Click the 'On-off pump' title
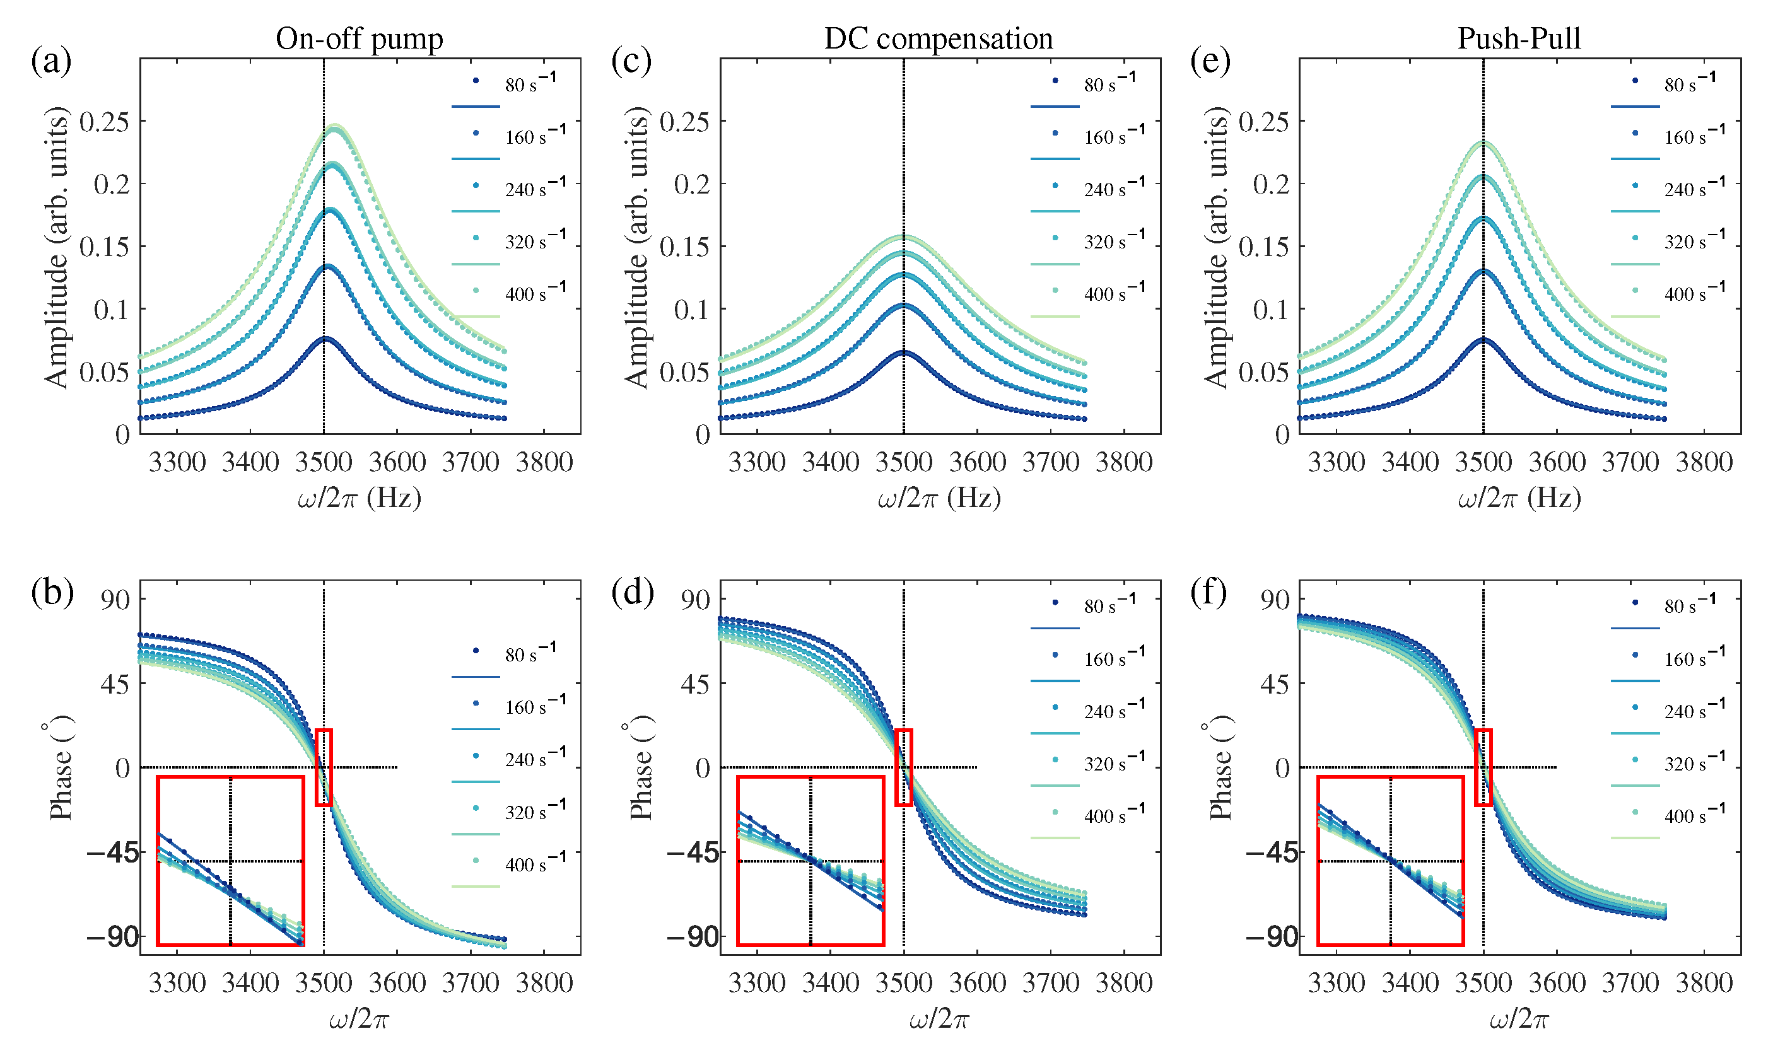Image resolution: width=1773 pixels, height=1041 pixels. coord(359,38)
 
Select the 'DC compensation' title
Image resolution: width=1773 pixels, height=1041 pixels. coord(939,38)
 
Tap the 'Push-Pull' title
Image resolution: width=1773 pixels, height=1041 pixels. coord(1519,38)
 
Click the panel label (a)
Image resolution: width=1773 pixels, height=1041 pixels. coord(50,62)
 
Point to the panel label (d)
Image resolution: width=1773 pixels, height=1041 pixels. coord(632,592)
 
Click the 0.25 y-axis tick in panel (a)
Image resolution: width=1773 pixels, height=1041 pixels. coord(104,122)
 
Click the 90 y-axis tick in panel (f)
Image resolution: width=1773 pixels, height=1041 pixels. coord(1274,600)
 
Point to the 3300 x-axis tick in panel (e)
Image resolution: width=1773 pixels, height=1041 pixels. coord(1336,462)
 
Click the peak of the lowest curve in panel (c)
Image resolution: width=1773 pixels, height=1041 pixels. coord(903,352)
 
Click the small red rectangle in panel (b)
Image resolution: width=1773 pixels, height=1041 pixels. coord(324,767)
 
